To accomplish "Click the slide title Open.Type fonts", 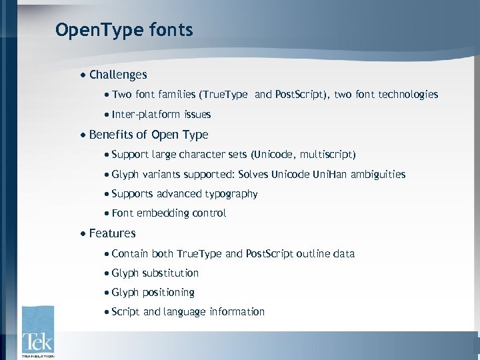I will coord(124,30).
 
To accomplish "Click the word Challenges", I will coord(118,75).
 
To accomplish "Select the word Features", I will coord(112,233).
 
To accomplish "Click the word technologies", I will coord(407,95).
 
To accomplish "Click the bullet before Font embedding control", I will coord(107,214).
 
